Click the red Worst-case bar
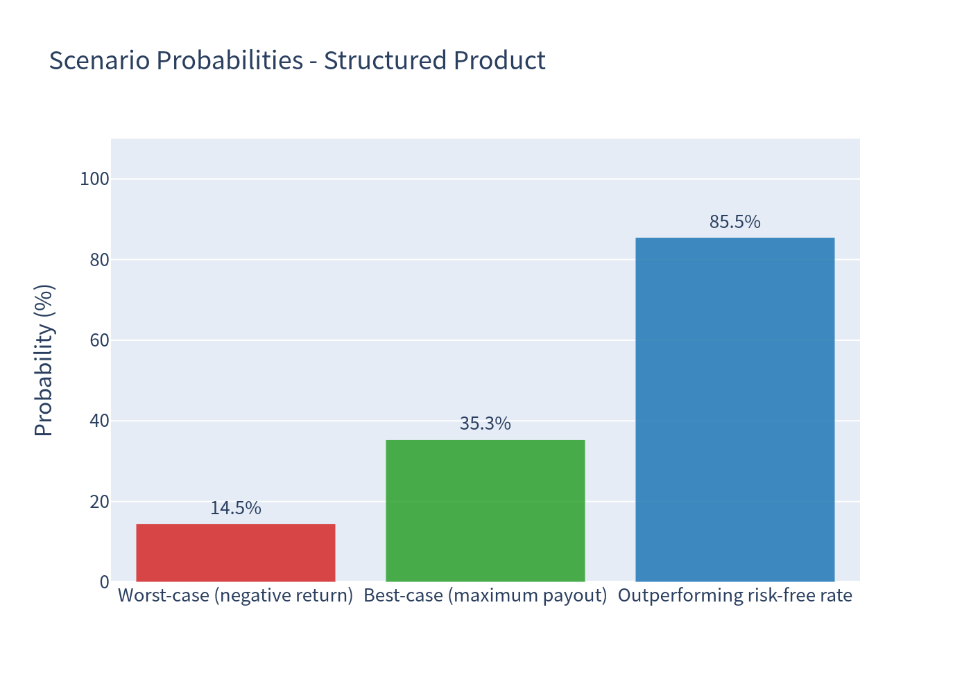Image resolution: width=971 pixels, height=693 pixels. coord(236,553)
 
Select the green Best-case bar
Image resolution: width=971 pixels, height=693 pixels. coord(486,511)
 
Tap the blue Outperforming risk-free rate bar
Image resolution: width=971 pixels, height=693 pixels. coord(735,410)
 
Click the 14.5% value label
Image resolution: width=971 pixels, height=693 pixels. coord(236,508)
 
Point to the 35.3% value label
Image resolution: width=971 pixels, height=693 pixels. coord(486,423)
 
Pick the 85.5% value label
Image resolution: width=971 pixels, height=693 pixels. coord(735,222)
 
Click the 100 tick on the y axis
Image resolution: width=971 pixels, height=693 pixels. coord(94,179)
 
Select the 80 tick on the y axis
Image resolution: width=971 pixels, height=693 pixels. coord(100,260)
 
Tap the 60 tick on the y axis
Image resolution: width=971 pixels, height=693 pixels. coord(100,340)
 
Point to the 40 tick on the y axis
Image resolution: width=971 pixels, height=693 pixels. coord(100,421)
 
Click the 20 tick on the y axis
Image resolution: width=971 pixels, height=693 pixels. coord(100,502)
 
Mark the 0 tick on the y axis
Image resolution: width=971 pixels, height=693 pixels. coord(105,583)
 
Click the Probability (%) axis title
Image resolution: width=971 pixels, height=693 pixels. coord(44,360)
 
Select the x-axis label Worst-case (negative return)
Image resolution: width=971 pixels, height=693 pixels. coord(236,596)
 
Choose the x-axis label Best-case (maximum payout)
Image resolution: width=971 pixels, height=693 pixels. coord(486,596)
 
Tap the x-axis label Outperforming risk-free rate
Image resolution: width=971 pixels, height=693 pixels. coord(735,596)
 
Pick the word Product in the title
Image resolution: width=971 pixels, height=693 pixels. coord(500,60)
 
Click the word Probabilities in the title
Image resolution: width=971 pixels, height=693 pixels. coord(230,60)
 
